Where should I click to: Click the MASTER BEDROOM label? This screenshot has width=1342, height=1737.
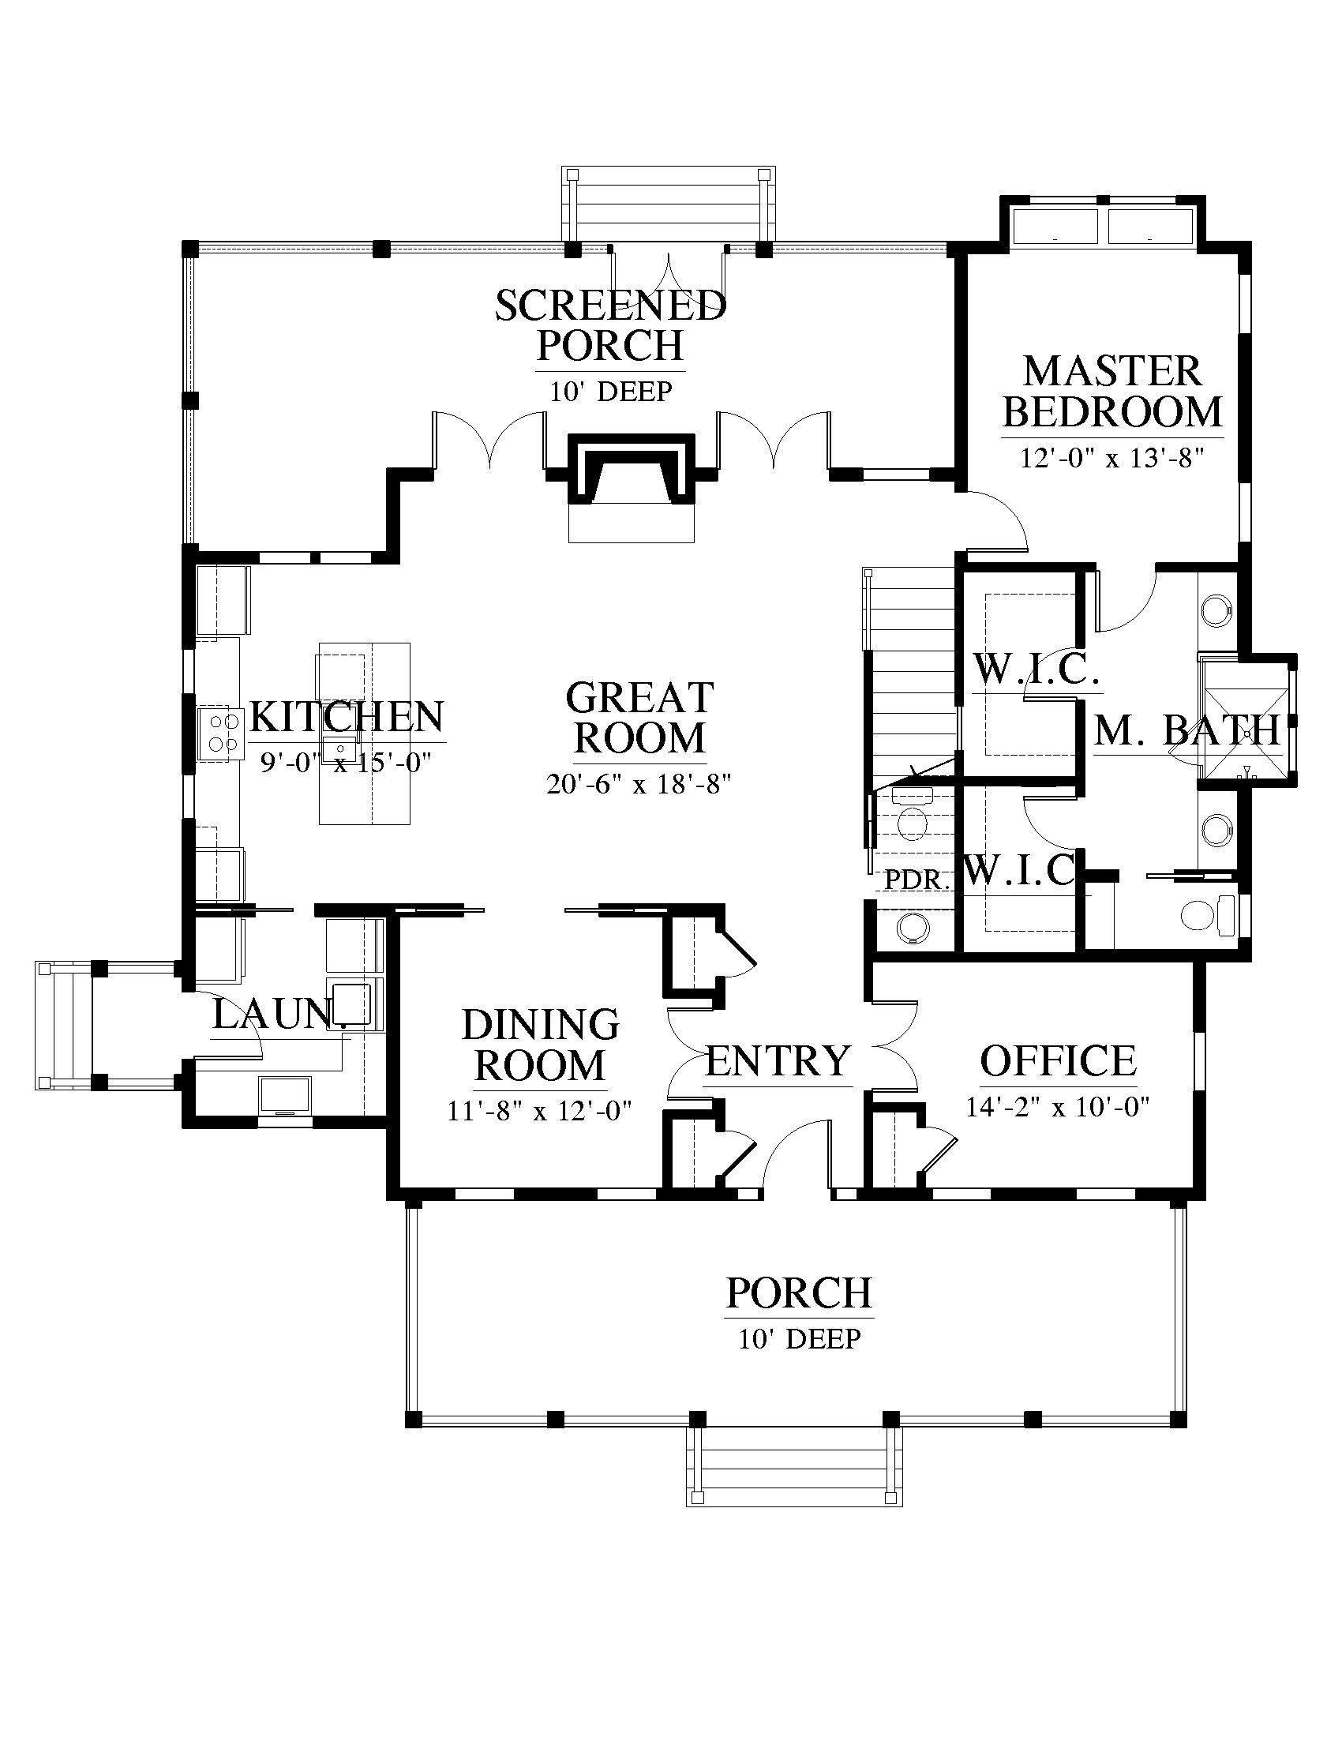[x=1112, y=392]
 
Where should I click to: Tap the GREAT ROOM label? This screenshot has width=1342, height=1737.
[x=639, y=718]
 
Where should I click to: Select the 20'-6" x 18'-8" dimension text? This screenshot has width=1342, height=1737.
[x=639, y=785]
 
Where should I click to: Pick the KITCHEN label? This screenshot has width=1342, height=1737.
[x=347, y=718]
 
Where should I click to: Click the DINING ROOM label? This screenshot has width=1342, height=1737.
[x=541, y=1045]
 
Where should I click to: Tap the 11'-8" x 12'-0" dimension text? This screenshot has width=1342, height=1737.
[x=540, y=1110]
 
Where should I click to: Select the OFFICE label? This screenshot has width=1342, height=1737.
[x=1058, y=1060]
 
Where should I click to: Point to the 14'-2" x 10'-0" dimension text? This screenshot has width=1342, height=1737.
[x=1058, y=1106]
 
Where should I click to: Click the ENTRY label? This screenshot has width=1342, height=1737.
[x=778, y=1061]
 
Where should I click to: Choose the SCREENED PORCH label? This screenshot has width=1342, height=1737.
[x=610, y=325]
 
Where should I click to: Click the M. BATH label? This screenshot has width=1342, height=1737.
[x=1187, y=730]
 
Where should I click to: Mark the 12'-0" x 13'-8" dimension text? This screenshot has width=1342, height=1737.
[x=1112, y=459]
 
